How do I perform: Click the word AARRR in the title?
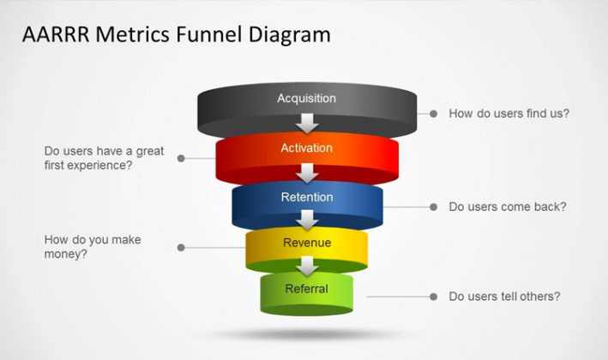[x=56, y=34]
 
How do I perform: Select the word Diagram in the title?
[x=290, y=35]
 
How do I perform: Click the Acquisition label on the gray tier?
[x=307, y=99]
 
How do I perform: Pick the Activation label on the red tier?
[x=307, y=147]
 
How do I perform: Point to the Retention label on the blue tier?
[x=307, y=197]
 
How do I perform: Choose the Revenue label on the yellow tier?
[x=307, y=243]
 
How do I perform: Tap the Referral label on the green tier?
[x=307, y=289]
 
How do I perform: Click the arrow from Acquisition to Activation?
[x=307, y=123]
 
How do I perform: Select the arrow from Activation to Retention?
[x=307, y=173]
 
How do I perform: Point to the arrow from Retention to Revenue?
[x=307, y=219]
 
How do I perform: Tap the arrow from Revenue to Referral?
[x=307, y=267]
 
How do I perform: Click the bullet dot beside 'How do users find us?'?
[x=434, y=113]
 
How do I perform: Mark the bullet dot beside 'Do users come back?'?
[x=434, y=207]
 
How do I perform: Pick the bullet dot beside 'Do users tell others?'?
[x=434, y=297]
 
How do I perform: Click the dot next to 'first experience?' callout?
[x=181, y=158]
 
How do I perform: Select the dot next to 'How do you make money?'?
[x=181, y=247]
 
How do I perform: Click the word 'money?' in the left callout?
[x=65, y=255]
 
